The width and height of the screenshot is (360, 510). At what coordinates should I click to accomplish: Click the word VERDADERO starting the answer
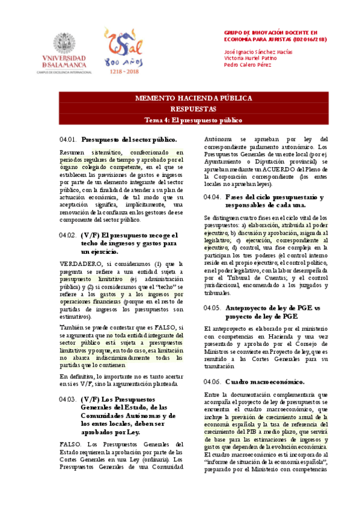pos(81,263)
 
